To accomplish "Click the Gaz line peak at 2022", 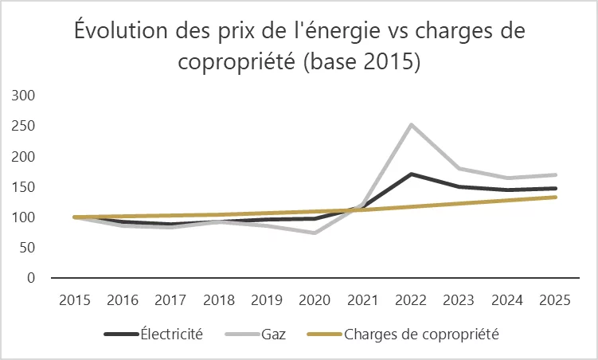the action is click(x=411, y=124).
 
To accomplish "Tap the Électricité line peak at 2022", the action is click(x=411, y=174).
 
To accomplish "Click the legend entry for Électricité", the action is click(x=154, y=334).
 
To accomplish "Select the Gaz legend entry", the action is click(x=256, y=334).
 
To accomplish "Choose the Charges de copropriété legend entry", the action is click(x=403, y=334).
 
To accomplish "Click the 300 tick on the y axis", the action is click(x=23, y=96).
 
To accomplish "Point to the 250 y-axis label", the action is click(x=23, y=126).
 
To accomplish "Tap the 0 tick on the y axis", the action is click(x=31, y=278).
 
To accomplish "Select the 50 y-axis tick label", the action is click(x=27, y=248).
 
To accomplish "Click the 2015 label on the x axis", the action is click(x=75, y=300).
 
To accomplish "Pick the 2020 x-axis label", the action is click(x=315, y=300).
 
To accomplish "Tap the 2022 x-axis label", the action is click(x=411, y=300).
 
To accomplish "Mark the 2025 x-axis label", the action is click(x=555, y=300).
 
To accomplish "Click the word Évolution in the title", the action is click(x=121, y=30).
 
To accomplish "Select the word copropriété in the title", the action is click(x=236, y=61).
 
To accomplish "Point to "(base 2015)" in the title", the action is click(x=362, y=61).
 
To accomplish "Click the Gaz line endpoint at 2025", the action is click(x=555, y=175).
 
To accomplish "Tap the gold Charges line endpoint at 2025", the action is click(x=555, y=198).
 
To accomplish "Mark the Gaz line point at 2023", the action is click(x=459, y=168).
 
